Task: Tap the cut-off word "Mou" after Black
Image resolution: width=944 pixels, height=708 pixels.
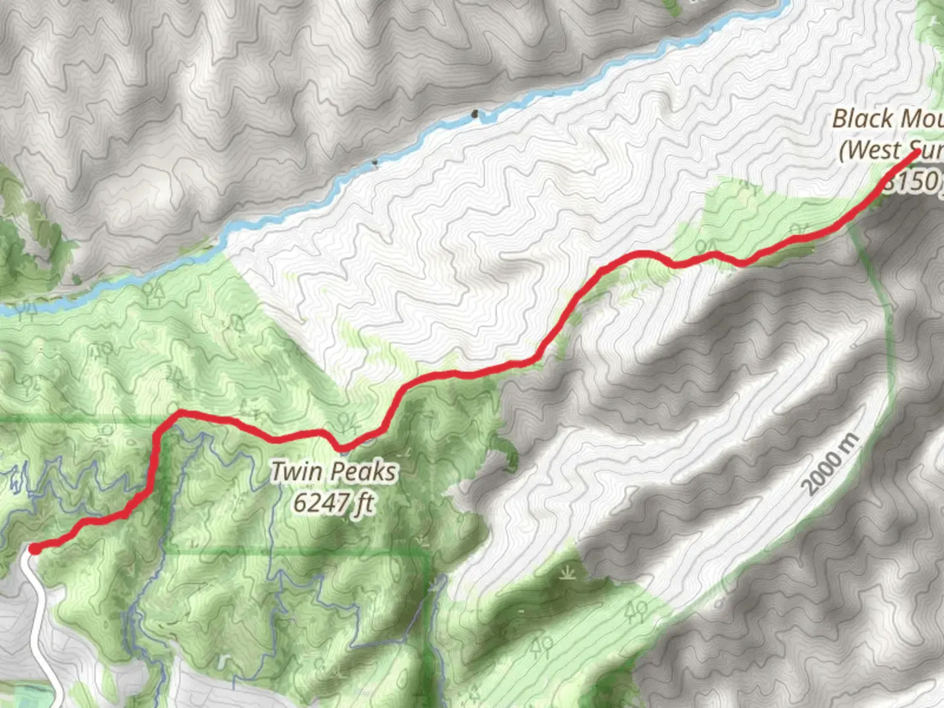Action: (922, 119)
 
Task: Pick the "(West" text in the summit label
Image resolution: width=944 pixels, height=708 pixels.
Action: (870, 150)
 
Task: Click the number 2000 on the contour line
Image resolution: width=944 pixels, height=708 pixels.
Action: (822, 475)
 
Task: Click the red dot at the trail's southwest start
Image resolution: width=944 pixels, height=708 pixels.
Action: (33, 548)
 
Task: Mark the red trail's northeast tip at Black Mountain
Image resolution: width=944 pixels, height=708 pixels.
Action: (915, 153)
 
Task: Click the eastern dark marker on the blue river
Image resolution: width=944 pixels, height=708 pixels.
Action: (475, 116)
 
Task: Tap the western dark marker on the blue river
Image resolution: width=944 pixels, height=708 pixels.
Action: (374, 161)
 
